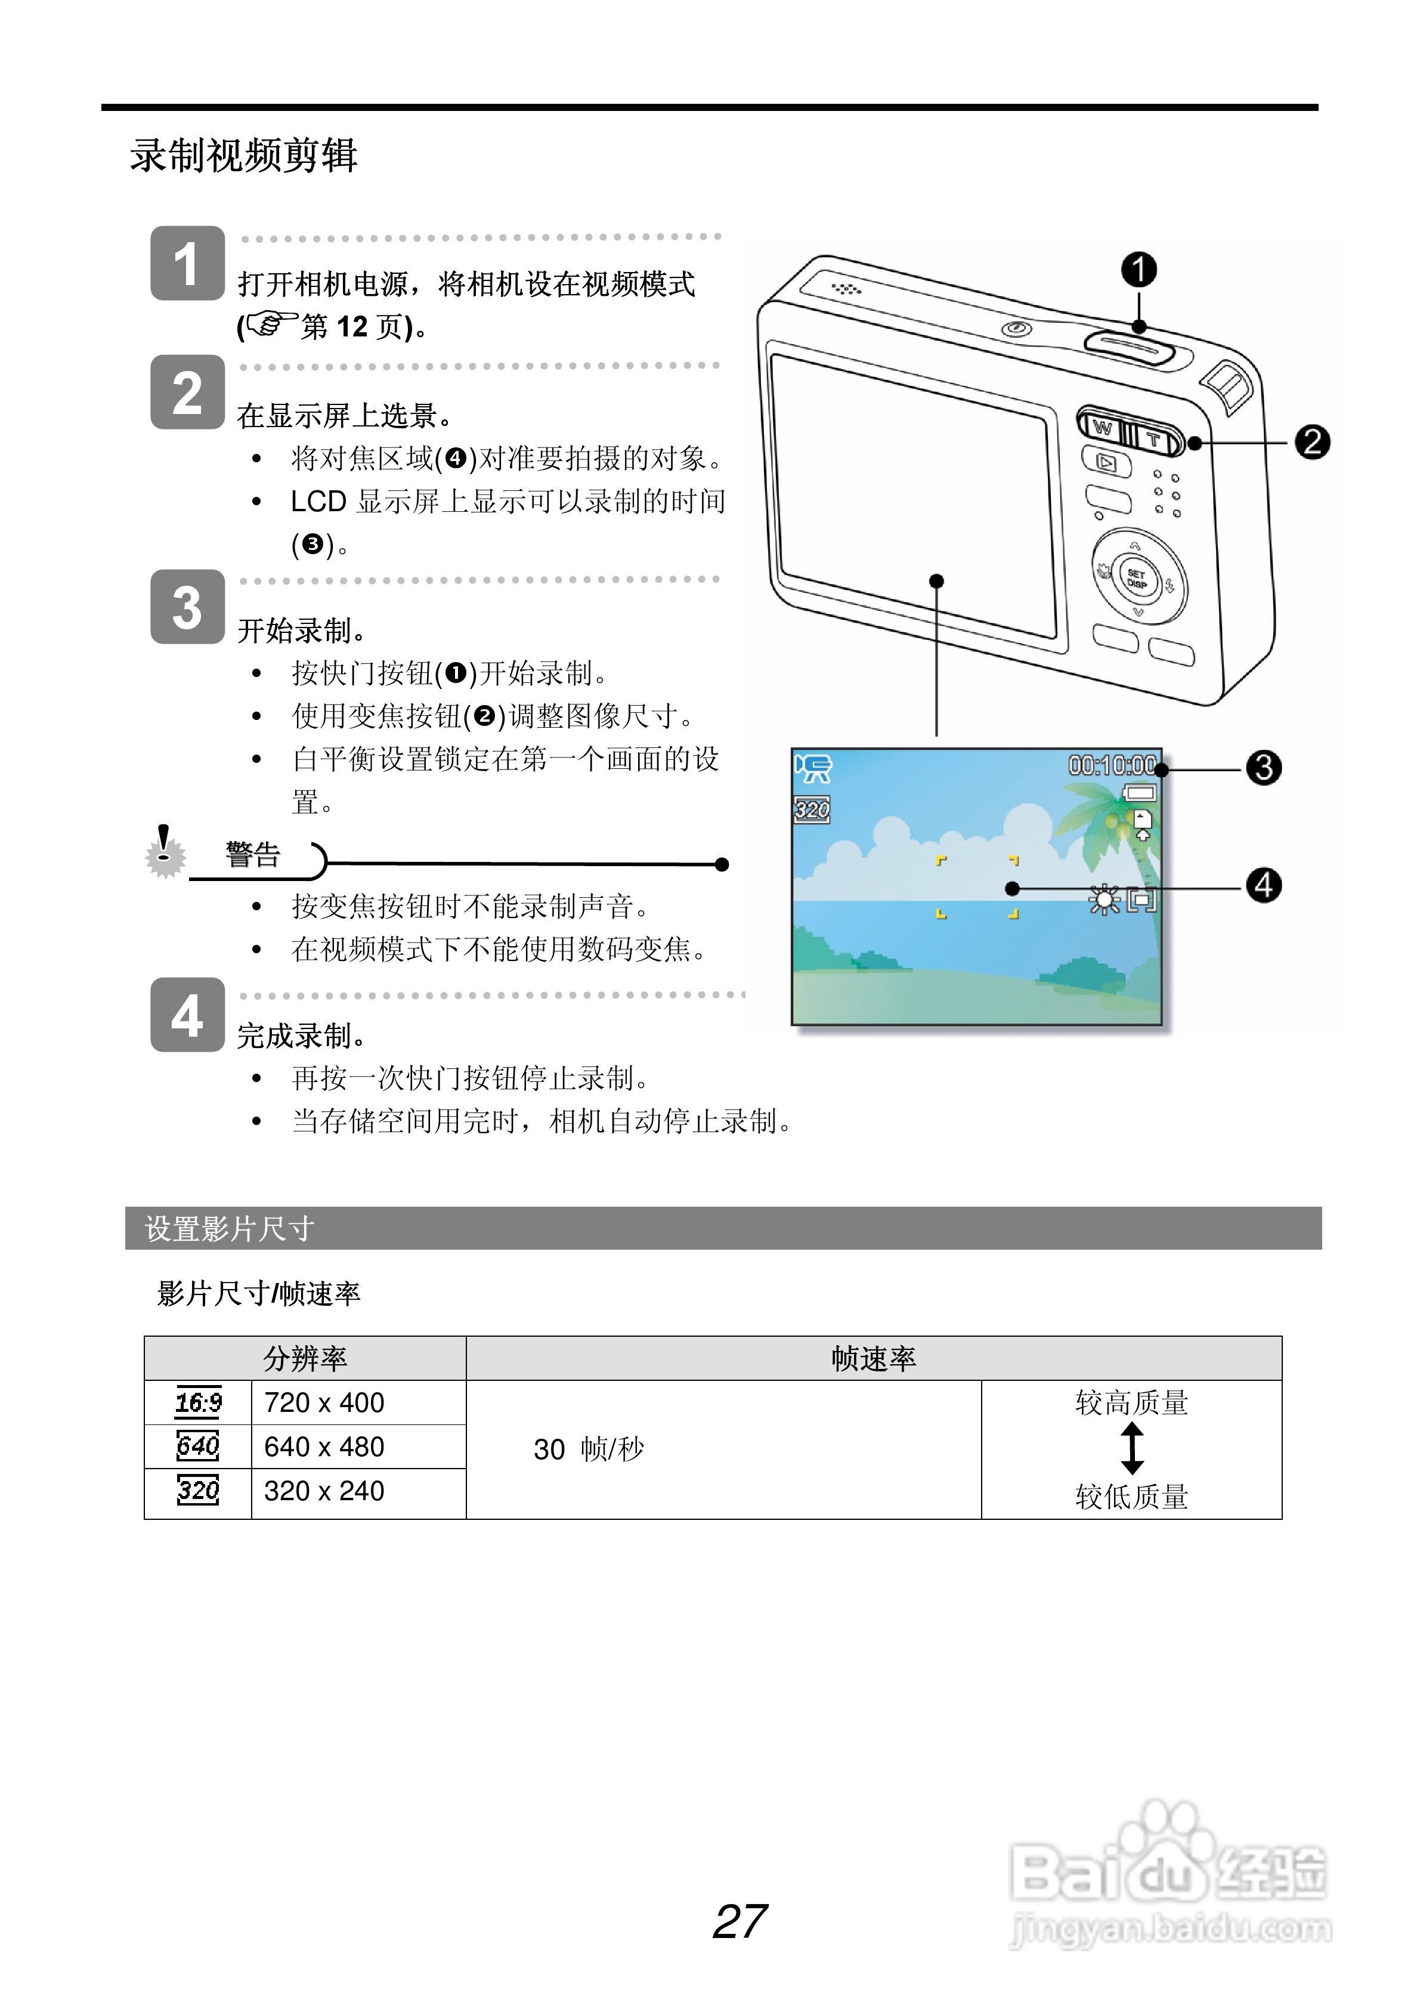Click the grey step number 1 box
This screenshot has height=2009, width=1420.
click(x=187, y=264)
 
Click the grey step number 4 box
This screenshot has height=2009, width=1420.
click(x=187, y=1015)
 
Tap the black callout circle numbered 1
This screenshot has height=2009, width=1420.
click(x=1139, y=270)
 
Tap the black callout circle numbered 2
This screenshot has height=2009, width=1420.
click(x=1311, y=442)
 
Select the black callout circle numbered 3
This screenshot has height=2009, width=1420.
click(x=1263, y=767)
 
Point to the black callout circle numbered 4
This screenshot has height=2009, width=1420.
click(x=1263, y=886)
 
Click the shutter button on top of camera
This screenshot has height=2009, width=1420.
click(x=1128, y=348)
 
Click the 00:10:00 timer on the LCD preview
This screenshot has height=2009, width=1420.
click(x=1111, y=766)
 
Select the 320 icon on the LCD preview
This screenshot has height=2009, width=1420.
click(x=812, y=809)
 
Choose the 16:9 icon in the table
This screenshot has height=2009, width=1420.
click(x=199, y=1402)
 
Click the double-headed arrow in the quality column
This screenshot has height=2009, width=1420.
click(x=1131, y=1448)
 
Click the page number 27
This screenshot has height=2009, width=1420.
click(x=740, y=1921)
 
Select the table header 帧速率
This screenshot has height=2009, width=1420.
click(x=873, y=1358)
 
